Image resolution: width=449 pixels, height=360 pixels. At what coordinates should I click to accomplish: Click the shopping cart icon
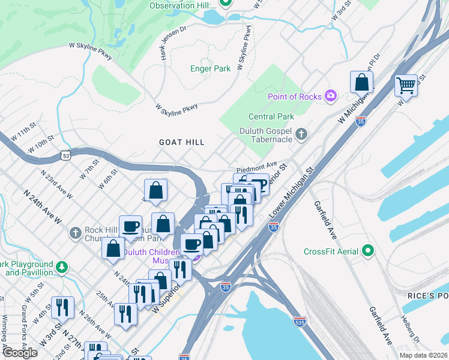[406, 86]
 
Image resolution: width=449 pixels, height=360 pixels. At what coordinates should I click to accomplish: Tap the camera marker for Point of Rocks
[330, 96]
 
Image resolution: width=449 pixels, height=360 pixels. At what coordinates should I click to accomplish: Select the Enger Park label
[210, 69]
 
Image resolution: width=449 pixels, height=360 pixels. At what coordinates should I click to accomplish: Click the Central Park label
[272, 116]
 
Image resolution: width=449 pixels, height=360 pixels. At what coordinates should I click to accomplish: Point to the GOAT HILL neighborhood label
[181, 142]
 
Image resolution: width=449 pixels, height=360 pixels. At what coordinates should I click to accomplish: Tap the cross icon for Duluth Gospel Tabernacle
[302, 135]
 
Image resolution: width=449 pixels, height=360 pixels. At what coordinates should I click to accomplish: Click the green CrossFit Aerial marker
[369, 251]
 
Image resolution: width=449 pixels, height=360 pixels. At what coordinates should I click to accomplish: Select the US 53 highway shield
[64, 155]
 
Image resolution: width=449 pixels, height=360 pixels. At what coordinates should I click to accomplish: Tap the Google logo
[20, 353]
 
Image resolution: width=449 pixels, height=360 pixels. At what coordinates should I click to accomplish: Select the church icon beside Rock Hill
[75, 232]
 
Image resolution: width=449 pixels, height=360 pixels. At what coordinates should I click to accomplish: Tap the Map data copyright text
[423, 355]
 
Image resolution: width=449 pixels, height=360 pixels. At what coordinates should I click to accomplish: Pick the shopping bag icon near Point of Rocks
[362, 83]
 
